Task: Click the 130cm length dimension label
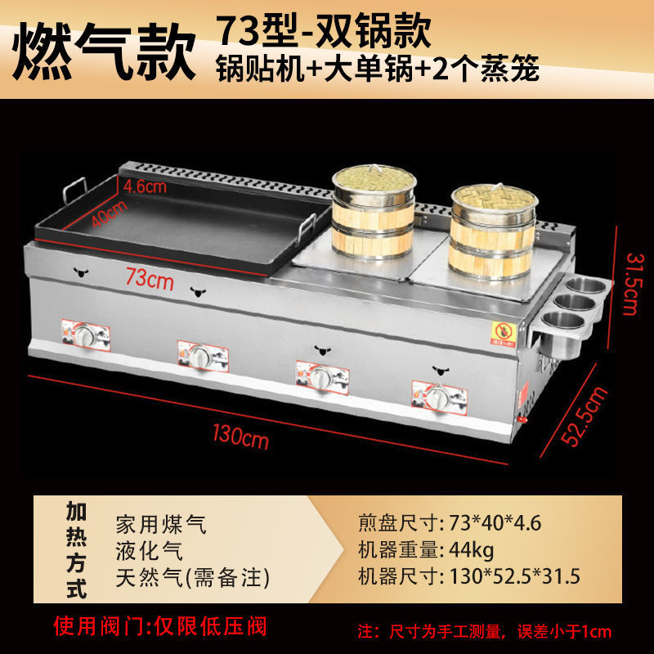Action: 240,437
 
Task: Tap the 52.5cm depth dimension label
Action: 584,416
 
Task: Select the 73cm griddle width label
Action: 150,278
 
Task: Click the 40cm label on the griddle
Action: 110,213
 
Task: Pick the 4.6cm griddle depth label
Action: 145,186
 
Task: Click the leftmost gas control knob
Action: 86,335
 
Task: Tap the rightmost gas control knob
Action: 438,397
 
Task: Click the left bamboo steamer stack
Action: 374,213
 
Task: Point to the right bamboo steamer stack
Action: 493,232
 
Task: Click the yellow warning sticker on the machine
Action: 504,333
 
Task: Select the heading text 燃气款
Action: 105,51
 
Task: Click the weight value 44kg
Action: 472,550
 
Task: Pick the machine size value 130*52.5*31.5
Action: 515,577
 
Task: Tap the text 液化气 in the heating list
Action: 150,551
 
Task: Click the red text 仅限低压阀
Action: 210,626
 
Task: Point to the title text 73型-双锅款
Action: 324,30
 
